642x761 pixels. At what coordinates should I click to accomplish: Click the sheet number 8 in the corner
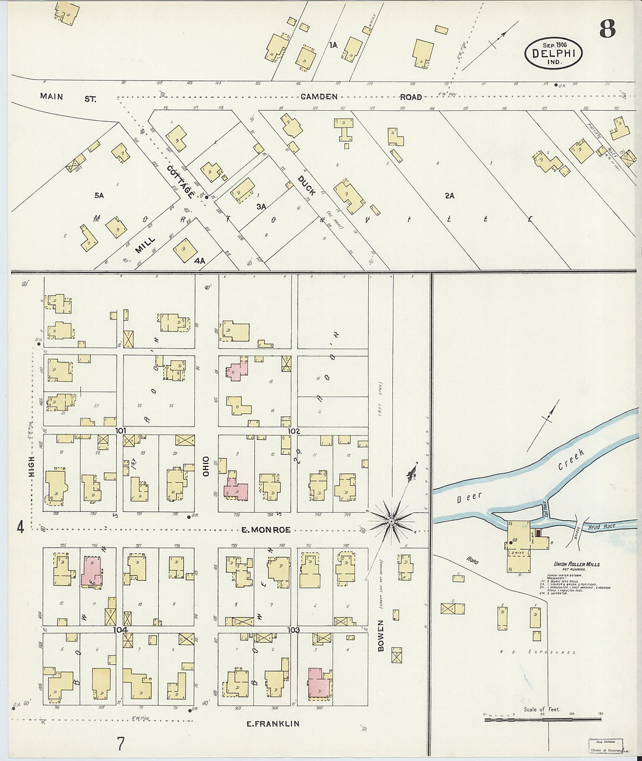pos(607,29)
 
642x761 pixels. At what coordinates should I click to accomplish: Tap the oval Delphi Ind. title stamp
pos(553,53)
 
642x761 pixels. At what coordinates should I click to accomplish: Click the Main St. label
pos(68,98)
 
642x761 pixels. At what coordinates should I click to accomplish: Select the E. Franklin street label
pos(273,724)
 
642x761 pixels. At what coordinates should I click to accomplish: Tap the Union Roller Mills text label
pos(576,564)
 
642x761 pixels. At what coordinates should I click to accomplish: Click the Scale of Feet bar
pos(542,719)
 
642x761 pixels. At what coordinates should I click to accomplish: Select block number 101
pos(121,431)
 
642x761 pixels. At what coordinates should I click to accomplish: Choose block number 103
pos(294,630)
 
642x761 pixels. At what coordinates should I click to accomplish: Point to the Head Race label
pos(601,527)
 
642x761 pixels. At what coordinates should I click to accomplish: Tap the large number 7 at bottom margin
pos(120,744)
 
